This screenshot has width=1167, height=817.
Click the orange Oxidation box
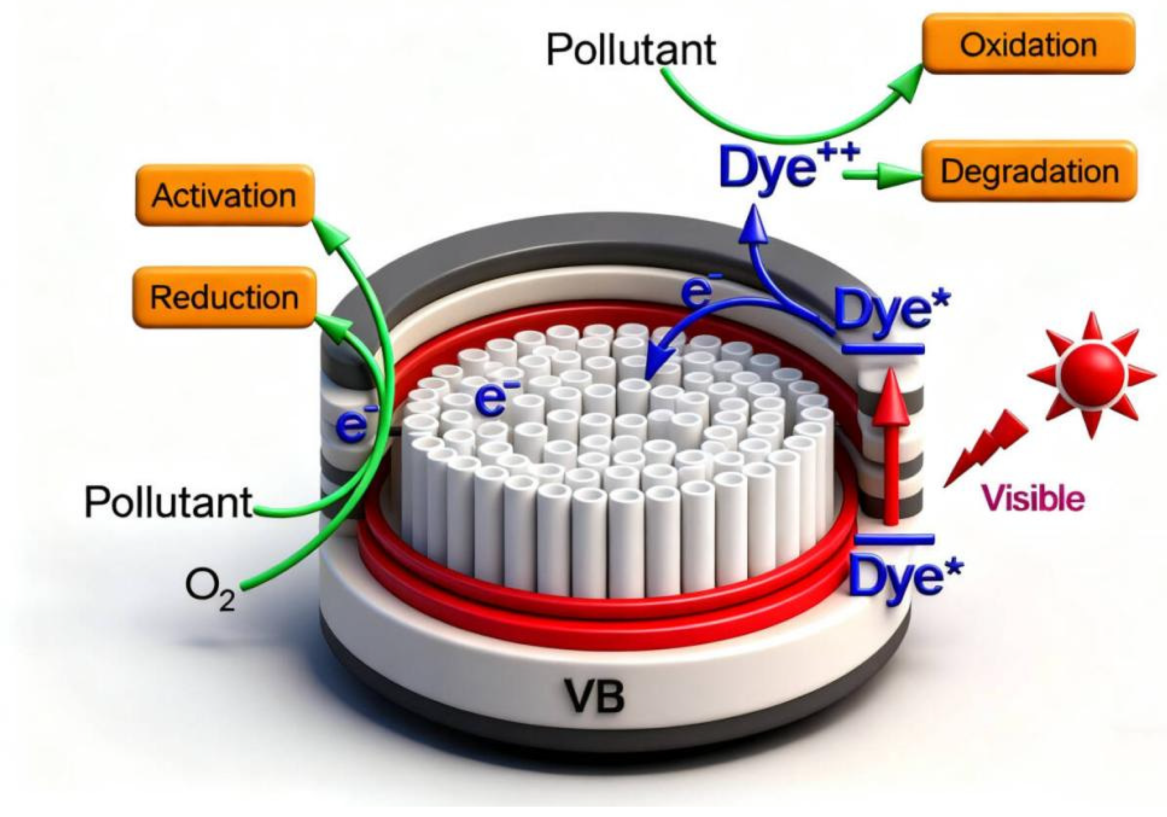[x=1028, y=45]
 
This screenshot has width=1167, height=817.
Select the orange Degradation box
[x=1029, y=171]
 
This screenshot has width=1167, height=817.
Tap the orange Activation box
[x=224, y=195]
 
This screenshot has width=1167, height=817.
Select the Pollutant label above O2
[x=168, y=502]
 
